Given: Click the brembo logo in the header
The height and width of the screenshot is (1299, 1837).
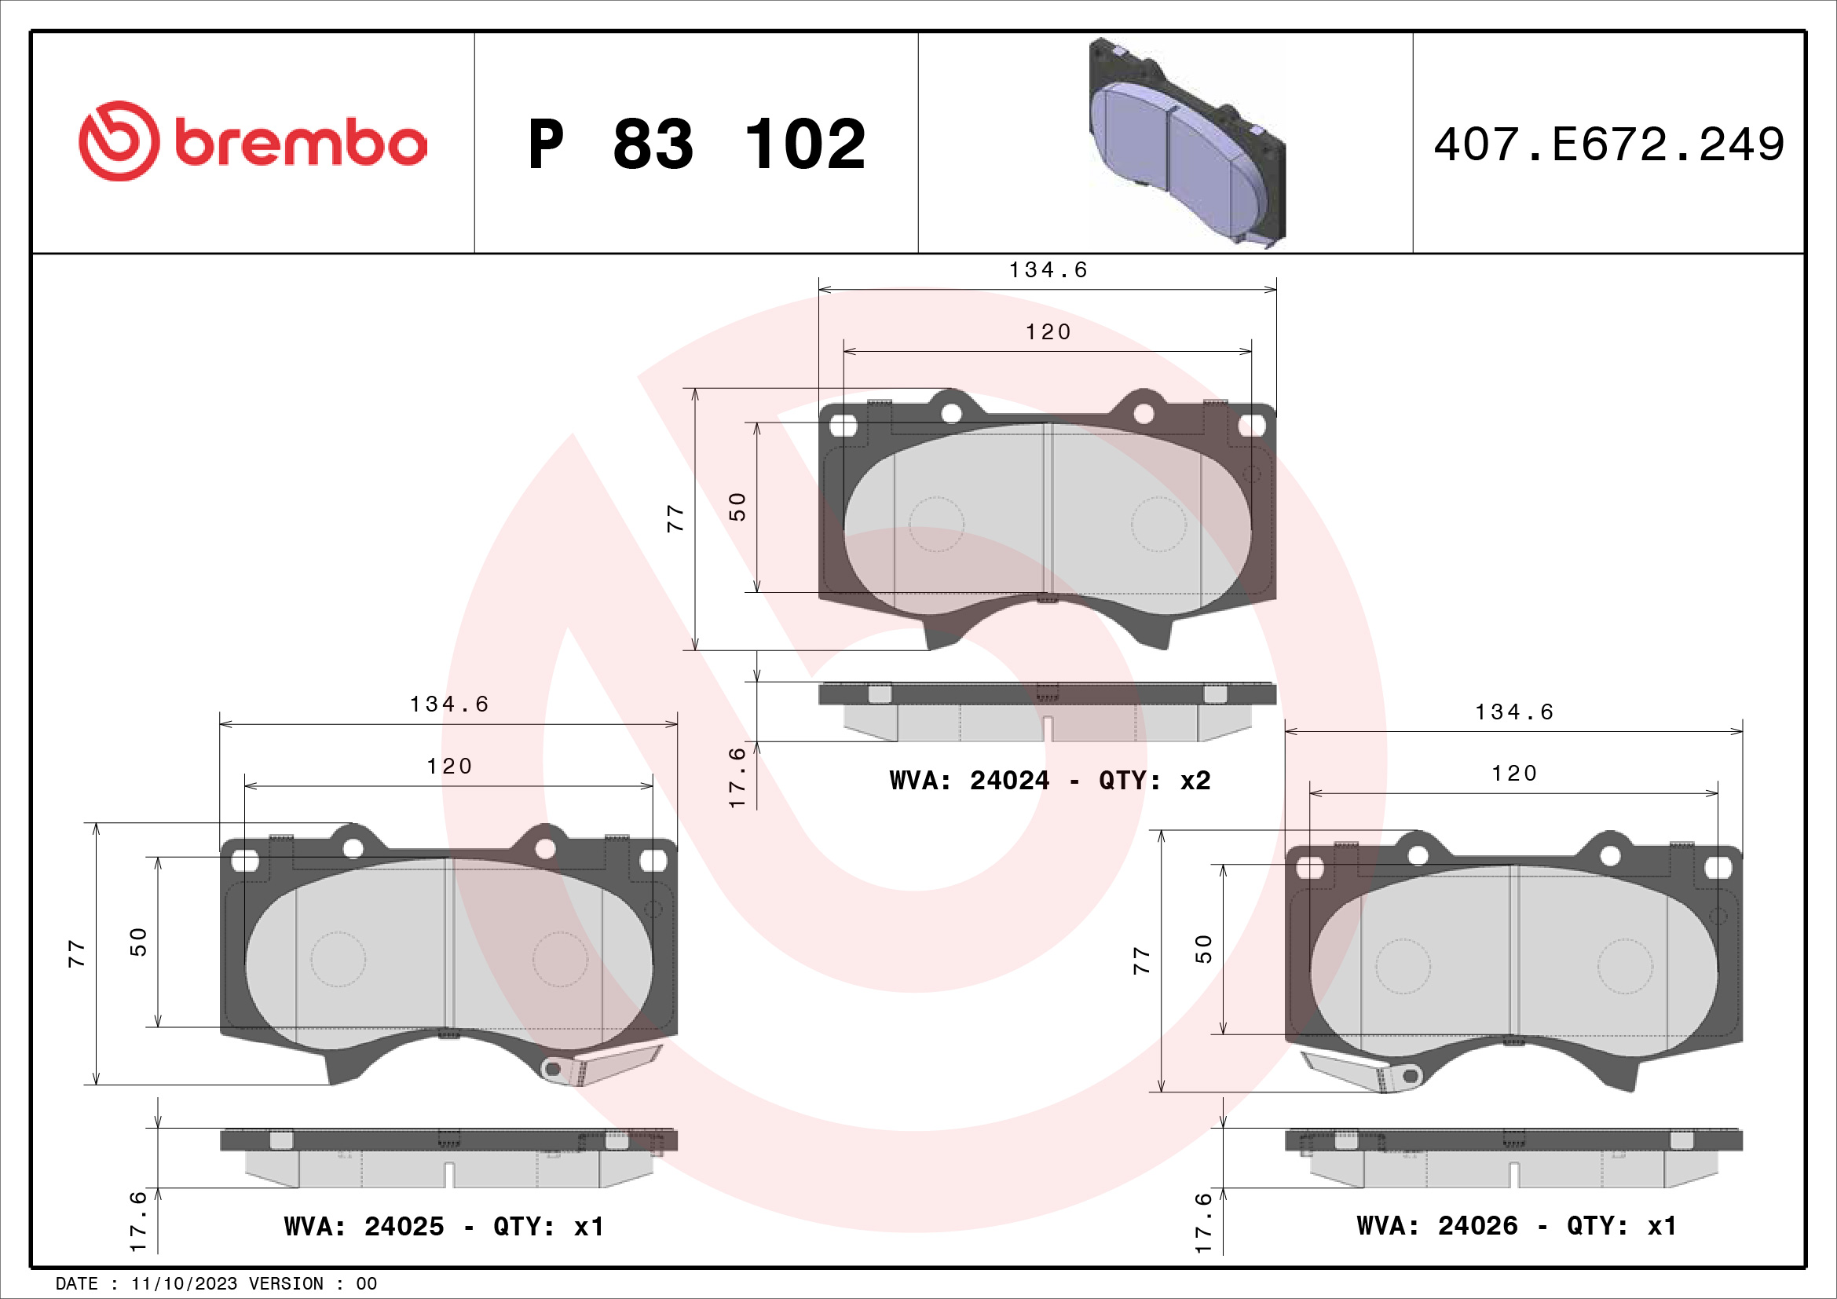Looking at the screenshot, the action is click(x=253, y=141).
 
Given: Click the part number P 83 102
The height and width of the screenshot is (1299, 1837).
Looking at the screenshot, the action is click(x=697, y=145).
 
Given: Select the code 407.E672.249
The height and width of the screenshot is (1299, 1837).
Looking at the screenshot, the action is click(x=1609, y=145).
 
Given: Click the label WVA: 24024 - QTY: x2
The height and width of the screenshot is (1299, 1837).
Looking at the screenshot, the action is click(x=1050, y=780).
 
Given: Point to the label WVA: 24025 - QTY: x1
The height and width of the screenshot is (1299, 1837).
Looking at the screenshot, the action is click(x=444, y=1226).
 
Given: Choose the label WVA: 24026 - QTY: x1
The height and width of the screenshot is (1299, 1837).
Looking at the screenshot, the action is click(x=1517, y=1225).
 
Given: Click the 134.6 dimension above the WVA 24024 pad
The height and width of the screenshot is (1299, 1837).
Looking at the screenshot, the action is click(x=1048, y=270).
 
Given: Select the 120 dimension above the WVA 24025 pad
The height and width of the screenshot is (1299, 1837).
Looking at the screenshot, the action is click(x=449, y=767).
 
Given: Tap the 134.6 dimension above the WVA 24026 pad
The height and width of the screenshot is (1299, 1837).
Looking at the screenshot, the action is click(x=1513, y=712).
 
